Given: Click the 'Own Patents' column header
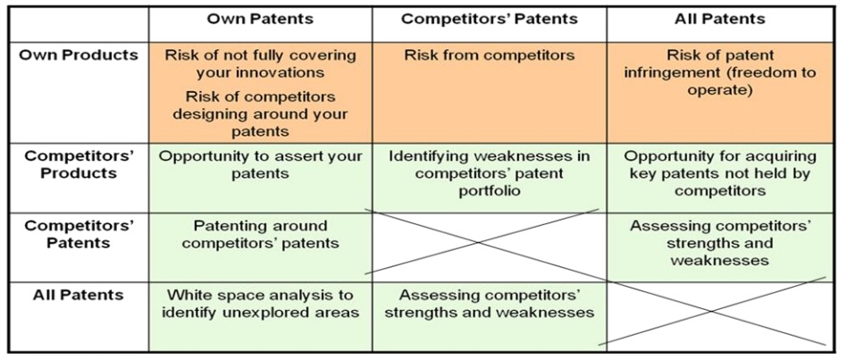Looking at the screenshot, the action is click(260, 19).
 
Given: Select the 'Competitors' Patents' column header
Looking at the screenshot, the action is click(489, 19).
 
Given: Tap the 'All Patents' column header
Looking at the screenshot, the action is click(719, 19).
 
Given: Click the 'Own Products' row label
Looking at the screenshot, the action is click(79, 55).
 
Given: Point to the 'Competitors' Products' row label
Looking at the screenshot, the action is click(79, 164).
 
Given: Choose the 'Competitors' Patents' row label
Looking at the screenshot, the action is click(79, 234).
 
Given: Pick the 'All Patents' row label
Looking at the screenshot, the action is click(79, 295).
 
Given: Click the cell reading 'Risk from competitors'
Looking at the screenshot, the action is click(489, 55).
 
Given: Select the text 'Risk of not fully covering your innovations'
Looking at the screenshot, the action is click(260, 63).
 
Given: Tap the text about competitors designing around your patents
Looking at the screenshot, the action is click(260, 113).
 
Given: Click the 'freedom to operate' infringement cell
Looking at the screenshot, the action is click(719, 71).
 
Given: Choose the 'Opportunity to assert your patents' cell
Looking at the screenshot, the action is click(260, 165).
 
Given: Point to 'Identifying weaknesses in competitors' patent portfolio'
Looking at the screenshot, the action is click(489, 174).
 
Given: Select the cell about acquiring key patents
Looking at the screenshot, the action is click(719, 174).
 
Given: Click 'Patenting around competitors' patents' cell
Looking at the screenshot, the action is click(260, 234).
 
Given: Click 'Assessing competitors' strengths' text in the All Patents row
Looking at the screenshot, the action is click(489, 304).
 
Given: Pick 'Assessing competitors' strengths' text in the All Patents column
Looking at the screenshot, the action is click(719, 242).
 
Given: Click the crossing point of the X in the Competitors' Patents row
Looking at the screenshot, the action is click(478, 242).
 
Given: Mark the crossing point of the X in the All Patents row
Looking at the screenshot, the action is click(712, 311).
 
